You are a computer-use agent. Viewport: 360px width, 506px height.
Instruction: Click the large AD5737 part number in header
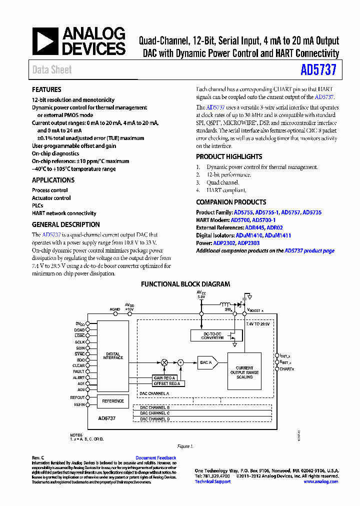[318, 69]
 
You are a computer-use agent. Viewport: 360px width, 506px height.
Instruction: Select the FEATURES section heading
[46, 90]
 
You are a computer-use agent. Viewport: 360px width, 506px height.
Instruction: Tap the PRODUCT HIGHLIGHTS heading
[228, 156]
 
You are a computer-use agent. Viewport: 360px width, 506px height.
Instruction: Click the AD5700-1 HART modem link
[263, 220]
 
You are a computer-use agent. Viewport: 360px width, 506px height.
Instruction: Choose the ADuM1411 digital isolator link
[277, 235]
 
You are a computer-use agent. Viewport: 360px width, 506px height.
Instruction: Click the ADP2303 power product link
[248, 243]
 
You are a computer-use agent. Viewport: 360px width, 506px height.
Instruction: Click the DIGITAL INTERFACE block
[112, 355]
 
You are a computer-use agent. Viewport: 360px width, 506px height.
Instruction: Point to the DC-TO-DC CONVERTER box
[212, 336]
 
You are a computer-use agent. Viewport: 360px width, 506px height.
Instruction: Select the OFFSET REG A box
[166, 383]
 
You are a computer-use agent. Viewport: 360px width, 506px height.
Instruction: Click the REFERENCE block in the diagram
[112, 401]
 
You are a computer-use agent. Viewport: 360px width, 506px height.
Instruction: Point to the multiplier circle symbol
[164, 362]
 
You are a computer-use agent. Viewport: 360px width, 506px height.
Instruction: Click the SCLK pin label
[80, 342]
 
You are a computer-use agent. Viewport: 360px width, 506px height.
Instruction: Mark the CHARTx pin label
[287, 369]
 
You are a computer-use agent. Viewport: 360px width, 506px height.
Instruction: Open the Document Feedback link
[155, 458]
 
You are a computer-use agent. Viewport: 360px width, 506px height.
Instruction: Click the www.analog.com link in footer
[320, 481]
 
